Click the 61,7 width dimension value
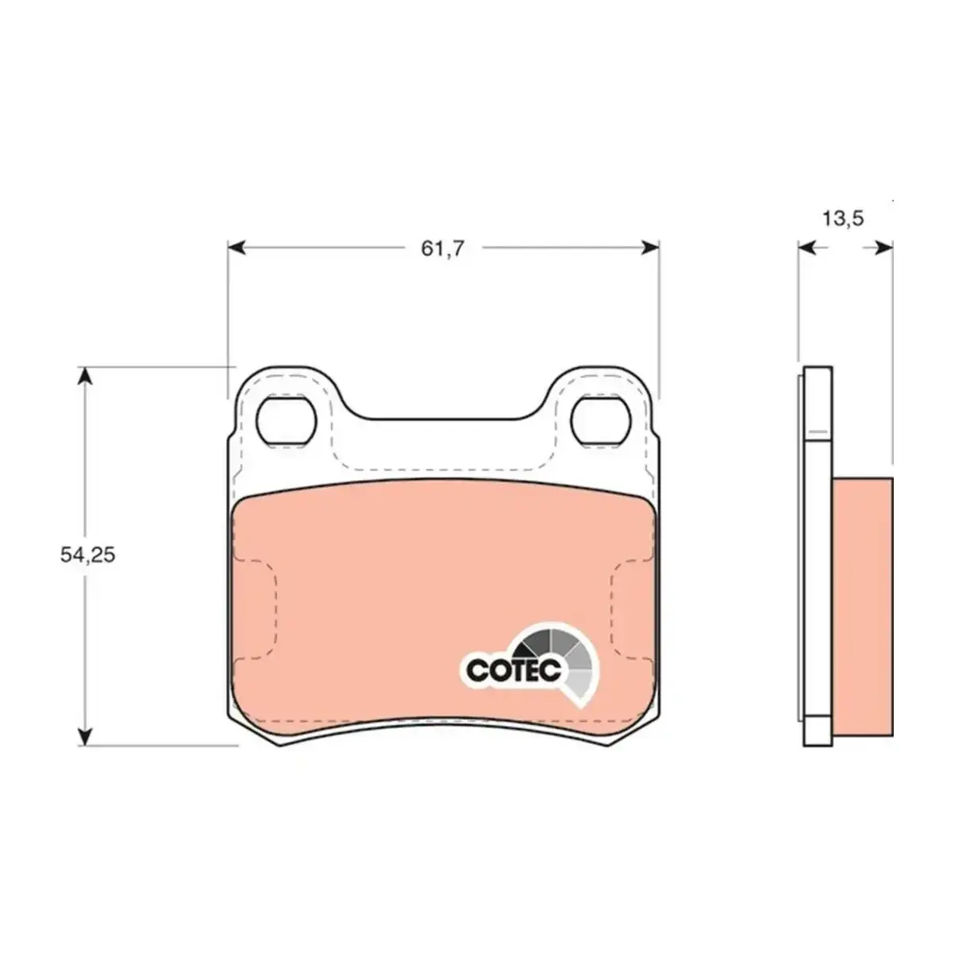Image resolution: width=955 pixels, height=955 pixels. click(442, 248)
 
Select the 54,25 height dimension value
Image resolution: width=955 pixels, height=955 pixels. click(88, 555)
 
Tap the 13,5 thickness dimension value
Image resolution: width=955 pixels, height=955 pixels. click(843, 218)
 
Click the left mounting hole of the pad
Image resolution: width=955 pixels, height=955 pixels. click(286, 421)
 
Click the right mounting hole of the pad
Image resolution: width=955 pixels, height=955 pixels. click(601, 421)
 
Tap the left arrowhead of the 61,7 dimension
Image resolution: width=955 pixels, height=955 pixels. click(237, 248)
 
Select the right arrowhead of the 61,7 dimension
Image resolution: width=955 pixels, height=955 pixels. click(649, 248)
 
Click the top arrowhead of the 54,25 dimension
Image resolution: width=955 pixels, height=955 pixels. click(86, 376)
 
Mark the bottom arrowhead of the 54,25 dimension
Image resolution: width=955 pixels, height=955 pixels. click(86, 735)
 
